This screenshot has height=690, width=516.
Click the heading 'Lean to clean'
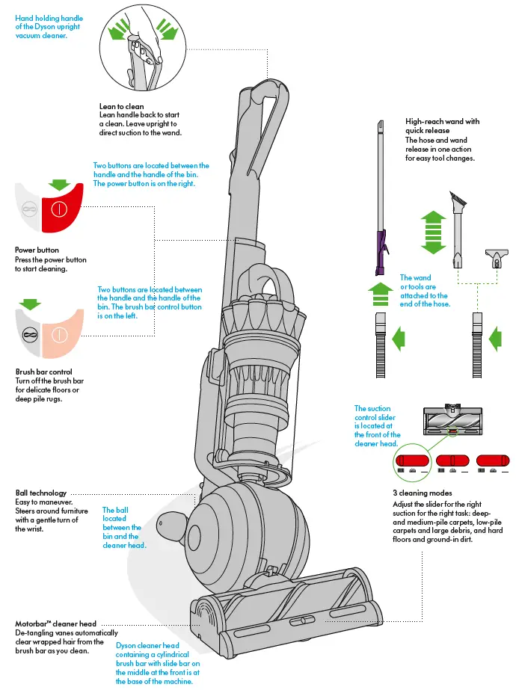122,107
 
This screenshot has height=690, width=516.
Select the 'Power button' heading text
37,250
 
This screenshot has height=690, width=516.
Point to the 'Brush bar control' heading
43,372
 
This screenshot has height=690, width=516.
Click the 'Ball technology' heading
41,493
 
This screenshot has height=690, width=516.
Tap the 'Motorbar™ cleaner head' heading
55,623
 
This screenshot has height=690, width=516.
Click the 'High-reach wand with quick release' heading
442,126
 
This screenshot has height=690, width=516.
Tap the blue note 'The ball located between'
121,527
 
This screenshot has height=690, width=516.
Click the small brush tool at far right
497,258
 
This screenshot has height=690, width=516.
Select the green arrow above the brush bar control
31,305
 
